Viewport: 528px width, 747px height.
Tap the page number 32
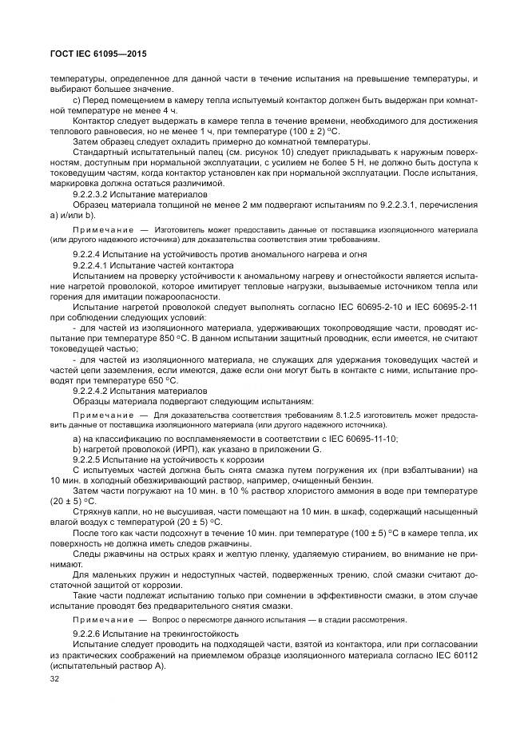point(55,680)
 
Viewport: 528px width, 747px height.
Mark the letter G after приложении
point(316,451)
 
